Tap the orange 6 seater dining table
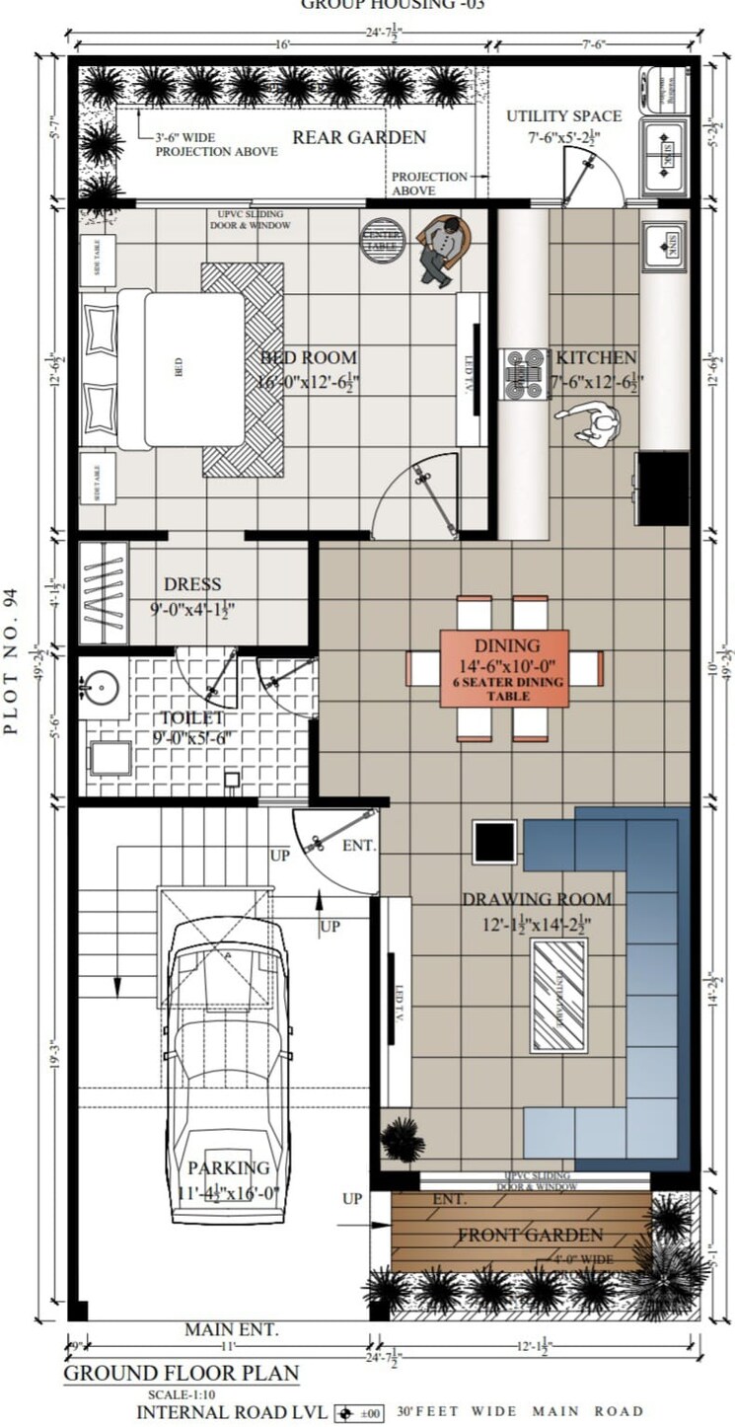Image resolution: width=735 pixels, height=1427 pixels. coord(504,668)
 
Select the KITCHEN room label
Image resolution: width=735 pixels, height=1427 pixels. coord(596,357)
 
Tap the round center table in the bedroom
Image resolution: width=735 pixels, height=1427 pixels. coord(383,240)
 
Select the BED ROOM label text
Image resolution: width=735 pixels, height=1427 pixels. coord(309,357)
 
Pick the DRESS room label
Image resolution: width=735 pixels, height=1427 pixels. coord(192,584)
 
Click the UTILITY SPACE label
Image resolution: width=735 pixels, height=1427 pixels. coord(563,116)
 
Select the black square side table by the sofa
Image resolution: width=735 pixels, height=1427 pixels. coord(494,841)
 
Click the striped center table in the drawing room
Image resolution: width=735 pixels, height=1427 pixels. coord(558,995)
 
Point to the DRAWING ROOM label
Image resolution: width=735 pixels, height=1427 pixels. coord(537,899)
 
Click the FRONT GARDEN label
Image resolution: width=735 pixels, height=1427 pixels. coord(530,1235)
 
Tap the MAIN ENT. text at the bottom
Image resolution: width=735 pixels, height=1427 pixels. coord(231,1330)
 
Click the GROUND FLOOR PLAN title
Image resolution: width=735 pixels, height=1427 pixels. coord(181,1373)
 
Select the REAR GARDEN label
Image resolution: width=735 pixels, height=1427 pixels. coord(359,137)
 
